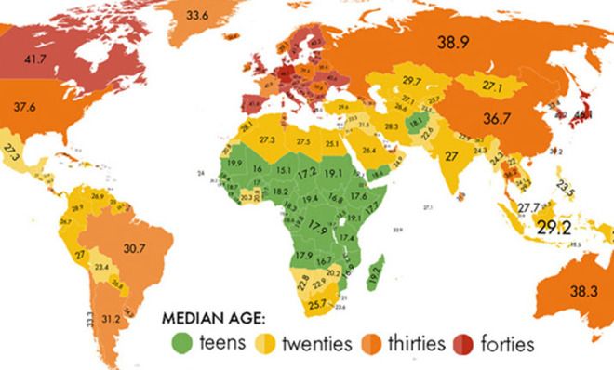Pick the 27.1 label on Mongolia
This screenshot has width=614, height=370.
(x=493, y=85)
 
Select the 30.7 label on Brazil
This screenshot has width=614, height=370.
(x=131, y=248)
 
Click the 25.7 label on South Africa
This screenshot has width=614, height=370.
(x=319, y=303)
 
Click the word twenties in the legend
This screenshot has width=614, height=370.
(x=318, y=344)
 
